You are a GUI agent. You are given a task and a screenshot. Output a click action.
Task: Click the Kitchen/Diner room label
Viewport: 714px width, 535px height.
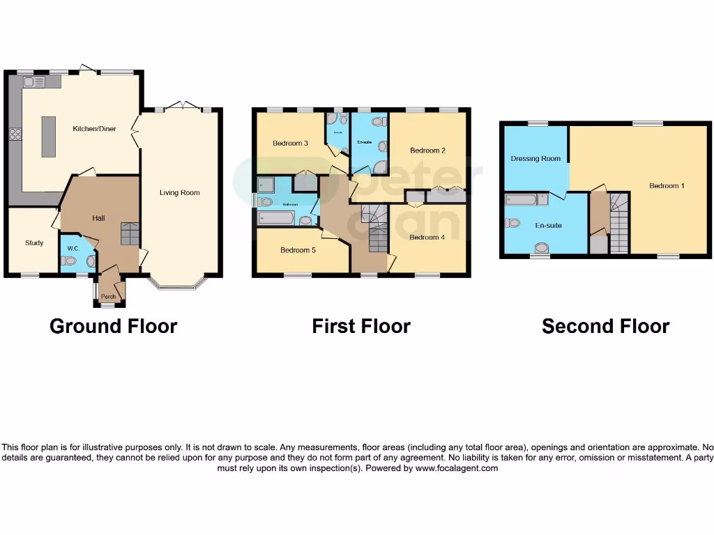pyautogui.click(x=95, y=129)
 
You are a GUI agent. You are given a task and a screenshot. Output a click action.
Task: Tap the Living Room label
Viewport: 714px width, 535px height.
pyautogui.click(x=179, y=193)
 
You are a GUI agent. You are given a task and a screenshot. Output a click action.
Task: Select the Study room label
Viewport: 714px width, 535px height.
pyautogui.click(x=34, y=243)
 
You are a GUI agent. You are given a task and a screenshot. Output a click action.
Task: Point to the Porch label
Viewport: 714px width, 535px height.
pyautogui.click(x=109, y=297)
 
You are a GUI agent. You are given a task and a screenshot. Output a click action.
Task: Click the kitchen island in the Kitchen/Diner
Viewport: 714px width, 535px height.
pyautogui.click(x=49, y=137)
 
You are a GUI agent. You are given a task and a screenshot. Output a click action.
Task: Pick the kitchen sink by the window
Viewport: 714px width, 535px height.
pyautogui.click(x=33, y=82)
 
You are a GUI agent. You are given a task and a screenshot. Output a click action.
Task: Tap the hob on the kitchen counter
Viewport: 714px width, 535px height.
pyautogui.click(x=15, y=135)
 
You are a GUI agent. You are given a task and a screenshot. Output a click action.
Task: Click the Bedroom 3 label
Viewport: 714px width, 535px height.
pyautogui.click(x=291, y=144)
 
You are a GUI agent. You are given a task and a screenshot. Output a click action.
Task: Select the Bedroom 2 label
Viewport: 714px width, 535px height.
pyautogui.click(x=427, y=150)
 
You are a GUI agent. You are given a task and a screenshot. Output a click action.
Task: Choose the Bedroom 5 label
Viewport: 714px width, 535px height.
pyautogui.click(x=298, y=250)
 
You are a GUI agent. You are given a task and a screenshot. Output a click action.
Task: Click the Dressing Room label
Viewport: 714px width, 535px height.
pyautogui.click(x=535, y=159)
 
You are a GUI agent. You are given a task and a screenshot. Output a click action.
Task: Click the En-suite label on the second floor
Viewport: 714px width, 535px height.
pyautogui.click(x=548, y=226)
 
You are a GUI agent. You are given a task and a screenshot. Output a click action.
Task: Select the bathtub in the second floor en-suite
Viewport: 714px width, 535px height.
pyautogui.click(x=522, y=201)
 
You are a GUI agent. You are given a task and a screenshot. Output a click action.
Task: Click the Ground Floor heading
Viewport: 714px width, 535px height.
pyautogui.click(x=114, y=326)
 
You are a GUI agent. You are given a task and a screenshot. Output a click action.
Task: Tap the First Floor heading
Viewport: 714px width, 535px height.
pyautogui.click(x=361, y=326)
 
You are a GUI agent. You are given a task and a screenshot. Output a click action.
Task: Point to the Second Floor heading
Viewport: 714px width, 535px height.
pyautogui.click(x=605, y=326)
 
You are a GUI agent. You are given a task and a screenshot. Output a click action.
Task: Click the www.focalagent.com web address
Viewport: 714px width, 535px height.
pyautogui.click(x=457, y=469)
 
